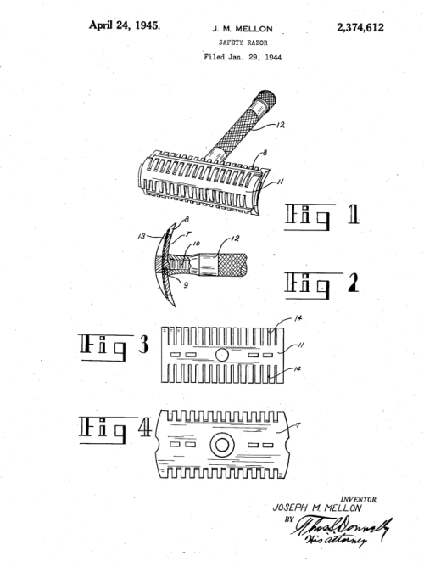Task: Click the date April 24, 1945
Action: coord(125,25)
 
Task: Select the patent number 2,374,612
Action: coord(360,27)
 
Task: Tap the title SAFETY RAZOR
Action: coord(243,42)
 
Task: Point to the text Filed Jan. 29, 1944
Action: coord(243,57)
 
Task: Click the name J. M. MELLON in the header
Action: coord(243,29)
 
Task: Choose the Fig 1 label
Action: coord(321,216)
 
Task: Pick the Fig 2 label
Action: coord(321,286)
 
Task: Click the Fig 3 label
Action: coord(113,347)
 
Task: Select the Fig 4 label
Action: coord(114,430)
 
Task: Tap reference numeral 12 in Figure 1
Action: coord(280,125)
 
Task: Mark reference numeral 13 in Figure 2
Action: coord(142,236)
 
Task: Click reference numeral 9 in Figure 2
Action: coord(186,285)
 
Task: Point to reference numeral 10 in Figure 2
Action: coord(196,244)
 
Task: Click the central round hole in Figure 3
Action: coord(221,355)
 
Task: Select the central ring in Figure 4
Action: coord(222,445)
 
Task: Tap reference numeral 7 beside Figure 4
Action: coord(298,425)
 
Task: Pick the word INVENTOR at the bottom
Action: coord(359,500)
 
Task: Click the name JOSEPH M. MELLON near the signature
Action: coord(317,508)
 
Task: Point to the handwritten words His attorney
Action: coord(336,540)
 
